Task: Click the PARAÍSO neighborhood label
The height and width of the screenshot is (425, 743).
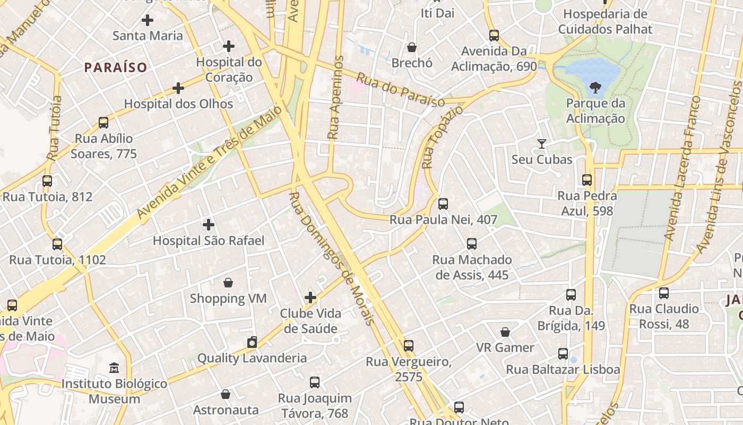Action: click(115, 67)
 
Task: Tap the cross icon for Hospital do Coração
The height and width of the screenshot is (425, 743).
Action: click(229, 46)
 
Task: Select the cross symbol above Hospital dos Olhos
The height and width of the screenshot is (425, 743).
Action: click(178, 88)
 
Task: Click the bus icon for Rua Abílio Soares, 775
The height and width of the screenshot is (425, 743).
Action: click(103, 123)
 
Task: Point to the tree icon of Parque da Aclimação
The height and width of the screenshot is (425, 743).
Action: click(595, 87)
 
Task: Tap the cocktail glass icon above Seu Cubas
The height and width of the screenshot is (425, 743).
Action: click(541, 143)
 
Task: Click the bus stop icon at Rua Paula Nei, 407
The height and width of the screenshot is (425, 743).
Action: click(443, 203)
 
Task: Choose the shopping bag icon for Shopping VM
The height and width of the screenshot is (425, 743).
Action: click(228, 283)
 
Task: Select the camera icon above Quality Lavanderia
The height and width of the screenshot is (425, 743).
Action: click(252, 342)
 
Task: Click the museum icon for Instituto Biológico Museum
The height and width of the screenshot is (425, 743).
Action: click(114, 368)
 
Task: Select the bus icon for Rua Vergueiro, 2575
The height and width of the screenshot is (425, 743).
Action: click(408, 346)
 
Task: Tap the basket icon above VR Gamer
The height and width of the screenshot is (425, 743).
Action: click(505, 332)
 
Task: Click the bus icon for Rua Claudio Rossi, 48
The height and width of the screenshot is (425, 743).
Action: click(663, 293)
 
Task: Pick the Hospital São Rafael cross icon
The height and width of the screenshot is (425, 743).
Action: click(209, 225)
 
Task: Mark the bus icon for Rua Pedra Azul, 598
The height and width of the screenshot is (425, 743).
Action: click(586, 180)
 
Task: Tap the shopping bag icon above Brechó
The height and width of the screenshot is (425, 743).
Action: click(412, 47)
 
